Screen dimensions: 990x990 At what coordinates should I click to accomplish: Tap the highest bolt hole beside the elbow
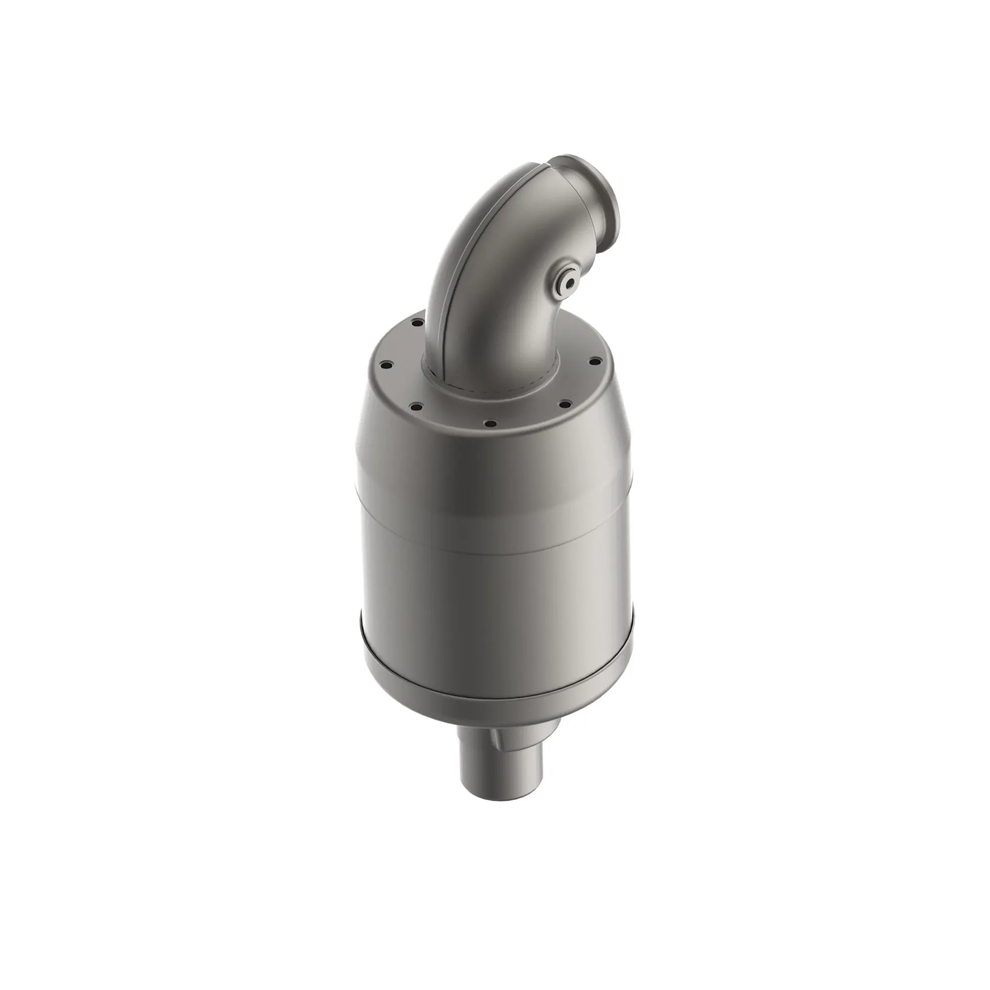(x=418, y=323)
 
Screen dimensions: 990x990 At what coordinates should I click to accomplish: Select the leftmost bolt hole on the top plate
(x=387, y=365)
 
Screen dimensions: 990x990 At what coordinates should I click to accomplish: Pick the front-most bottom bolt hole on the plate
(x=490, y=423)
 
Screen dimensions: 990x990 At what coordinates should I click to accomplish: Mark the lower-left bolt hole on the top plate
(x=416, y=407)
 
